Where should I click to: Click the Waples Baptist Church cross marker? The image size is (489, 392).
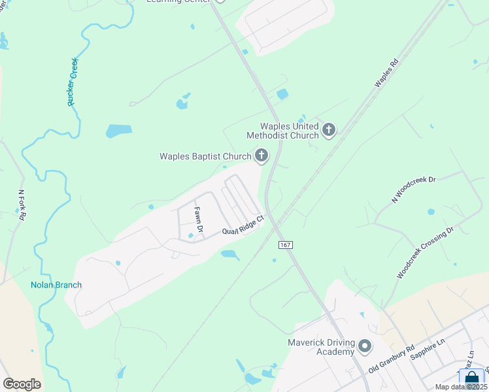tap(261, 155)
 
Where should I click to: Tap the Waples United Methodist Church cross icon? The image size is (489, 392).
tap(328, 130)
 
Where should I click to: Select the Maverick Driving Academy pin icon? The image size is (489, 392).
tap(364, 345)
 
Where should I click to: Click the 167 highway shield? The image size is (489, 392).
tap(284, 244)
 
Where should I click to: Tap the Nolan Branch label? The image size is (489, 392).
tap(56, 285)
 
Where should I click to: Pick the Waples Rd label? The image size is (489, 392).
tap(386, 74)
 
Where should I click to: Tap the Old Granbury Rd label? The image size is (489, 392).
tap(392, 360)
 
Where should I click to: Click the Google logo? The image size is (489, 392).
tap(22, 384)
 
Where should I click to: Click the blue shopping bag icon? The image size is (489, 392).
tap(472, 380)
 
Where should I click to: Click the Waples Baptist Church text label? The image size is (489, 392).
tap(205, 156)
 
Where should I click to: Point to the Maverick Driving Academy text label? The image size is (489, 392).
tap(321, 347)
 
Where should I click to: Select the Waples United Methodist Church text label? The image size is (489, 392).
tap(282, 131)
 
